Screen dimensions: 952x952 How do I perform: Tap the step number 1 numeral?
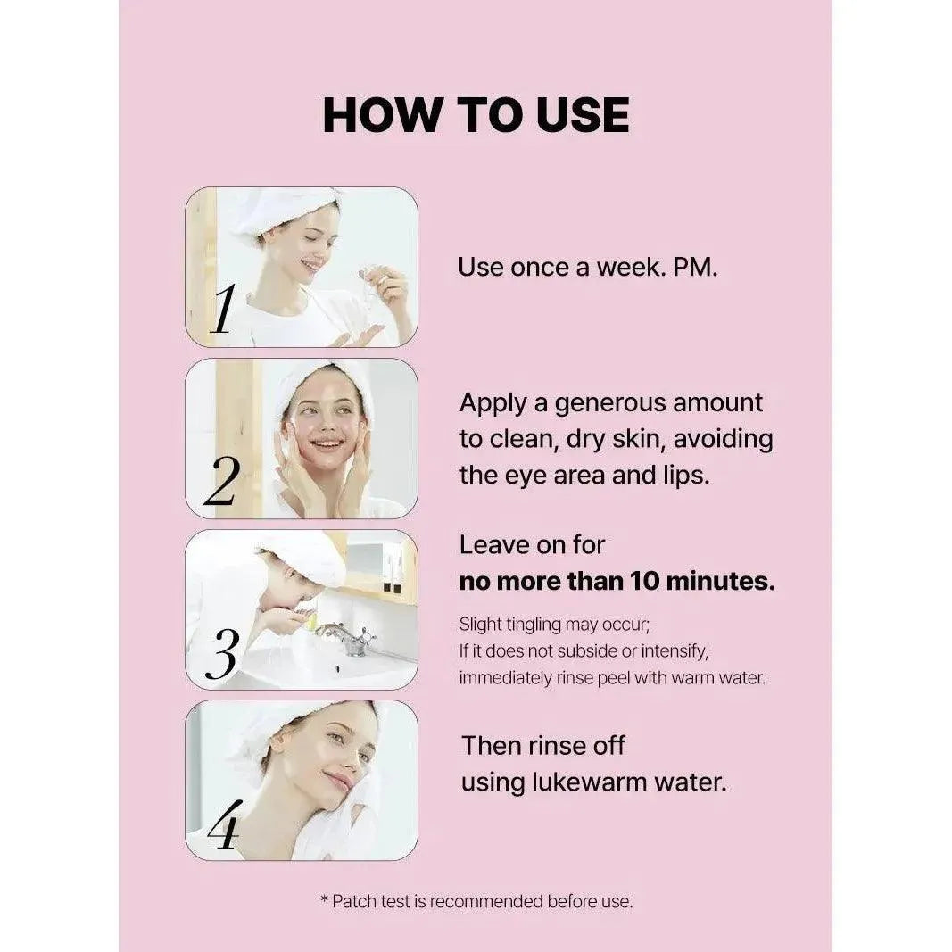(x=222, y=309)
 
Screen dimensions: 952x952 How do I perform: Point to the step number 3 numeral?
(x=221, y=655)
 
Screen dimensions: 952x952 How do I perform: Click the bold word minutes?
(x=721, y=581)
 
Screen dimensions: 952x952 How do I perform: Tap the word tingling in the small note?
(x=532, y=625)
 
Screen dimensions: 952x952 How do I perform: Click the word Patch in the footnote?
(x=354, y=902)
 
